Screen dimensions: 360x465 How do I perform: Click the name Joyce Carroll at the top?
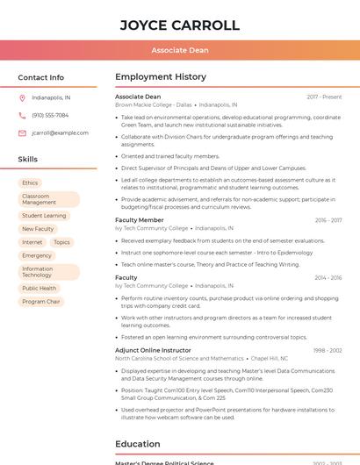point(179,25)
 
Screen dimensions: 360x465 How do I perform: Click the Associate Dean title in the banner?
point(179,50)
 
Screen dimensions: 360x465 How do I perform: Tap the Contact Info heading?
point(41,77)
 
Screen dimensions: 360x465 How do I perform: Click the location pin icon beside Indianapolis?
point(22,97)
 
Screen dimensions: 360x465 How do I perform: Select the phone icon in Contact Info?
point(22,115)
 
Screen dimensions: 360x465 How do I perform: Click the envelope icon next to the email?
point(22,133)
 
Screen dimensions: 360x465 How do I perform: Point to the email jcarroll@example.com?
point(60,133)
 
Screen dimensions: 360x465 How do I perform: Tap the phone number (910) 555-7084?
point(50,115)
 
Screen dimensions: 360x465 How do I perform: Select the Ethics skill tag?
point(30,182)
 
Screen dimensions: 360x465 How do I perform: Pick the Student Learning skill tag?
point(44,215)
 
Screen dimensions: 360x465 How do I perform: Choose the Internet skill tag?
point(32,242)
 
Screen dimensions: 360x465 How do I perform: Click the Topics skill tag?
point(61,242)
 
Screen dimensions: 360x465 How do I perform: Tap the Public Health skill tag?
point(39,288)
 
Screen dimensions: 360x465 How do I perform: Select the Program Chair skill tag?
point(41,302)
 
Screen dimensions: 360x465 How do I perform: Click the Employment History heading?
point(161,77)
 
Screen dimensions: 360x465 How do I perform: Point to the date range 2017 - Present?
point(324,97)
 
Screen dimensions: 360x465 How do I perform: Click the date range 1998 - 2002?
point(327,350)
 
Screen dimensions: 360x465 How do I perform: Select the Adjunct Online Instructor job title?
point(153,350)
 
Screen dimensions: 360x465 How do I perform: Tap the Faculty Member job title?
point(139,220)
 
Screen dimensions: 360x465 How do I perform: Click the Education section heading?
point(137,444)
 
